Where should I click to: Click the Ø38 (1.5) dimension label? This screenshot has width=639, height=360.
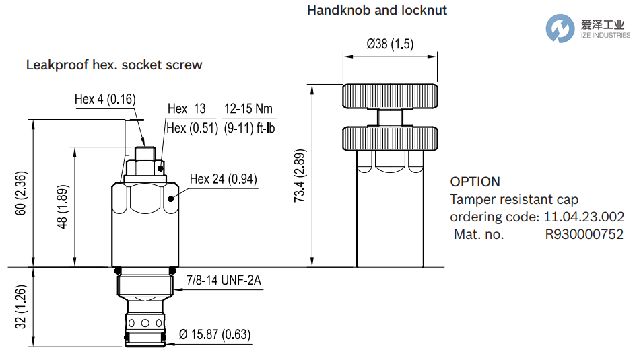click(390, 44)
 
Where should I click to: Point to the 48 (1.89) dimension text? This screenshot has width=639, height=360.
click(63, 207)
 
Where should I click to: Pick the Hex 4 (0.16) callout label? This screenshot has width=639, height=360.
click(105, 99)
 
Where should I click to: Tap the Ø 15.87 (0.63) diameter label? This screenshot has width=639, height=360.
click(215, 334)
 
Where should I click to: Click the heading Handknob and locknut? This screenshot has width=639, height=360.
click(377, 10)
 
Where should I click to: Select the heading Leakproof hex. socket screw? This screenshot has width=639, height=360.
click(114, 65)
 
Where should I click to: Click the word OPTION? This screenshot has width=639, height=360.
click(475, 182)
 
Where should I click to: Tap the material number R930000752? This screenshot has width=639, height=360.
click(584, 234)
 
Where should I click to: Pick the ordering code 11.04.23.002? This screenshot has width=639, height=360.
click(584, 217)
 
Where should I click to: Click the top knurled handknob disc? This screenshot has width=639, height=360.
click(391, 96)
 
